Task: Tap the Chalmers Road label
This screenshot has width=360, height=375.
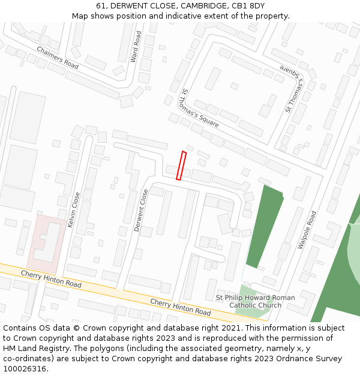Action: click(x=58, y=58)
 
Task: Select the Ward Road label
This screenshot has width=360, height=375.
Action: click(x=136, y=47)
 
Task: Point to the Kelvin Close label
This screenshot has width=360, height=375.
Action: click(x=75, y=209)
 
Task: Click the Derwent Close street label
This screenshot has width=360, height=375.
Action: click(x=142, y=210)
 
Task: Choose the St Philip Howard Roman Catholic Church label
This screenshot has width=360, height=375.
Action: click(x=255, y=301)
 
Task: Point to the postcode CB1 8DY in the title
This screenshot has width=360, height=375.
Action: click(x=247, y=6)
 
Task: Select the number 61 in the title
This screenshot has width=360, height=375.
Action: click(x=101, y=6)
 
